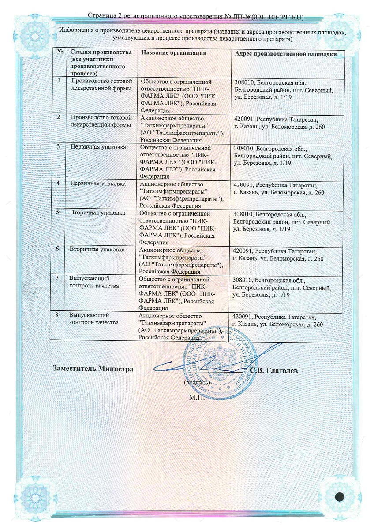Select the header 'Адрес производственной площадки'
pyautogui.click(x=285, y=54)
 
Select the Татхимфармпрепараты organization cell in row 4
pyautogui.click(x=181, y=193)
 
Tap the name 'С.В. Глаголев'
pyautogui.click(x=274, y=371)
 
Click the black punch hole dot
pyautogui.click(x=340, y=497)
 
